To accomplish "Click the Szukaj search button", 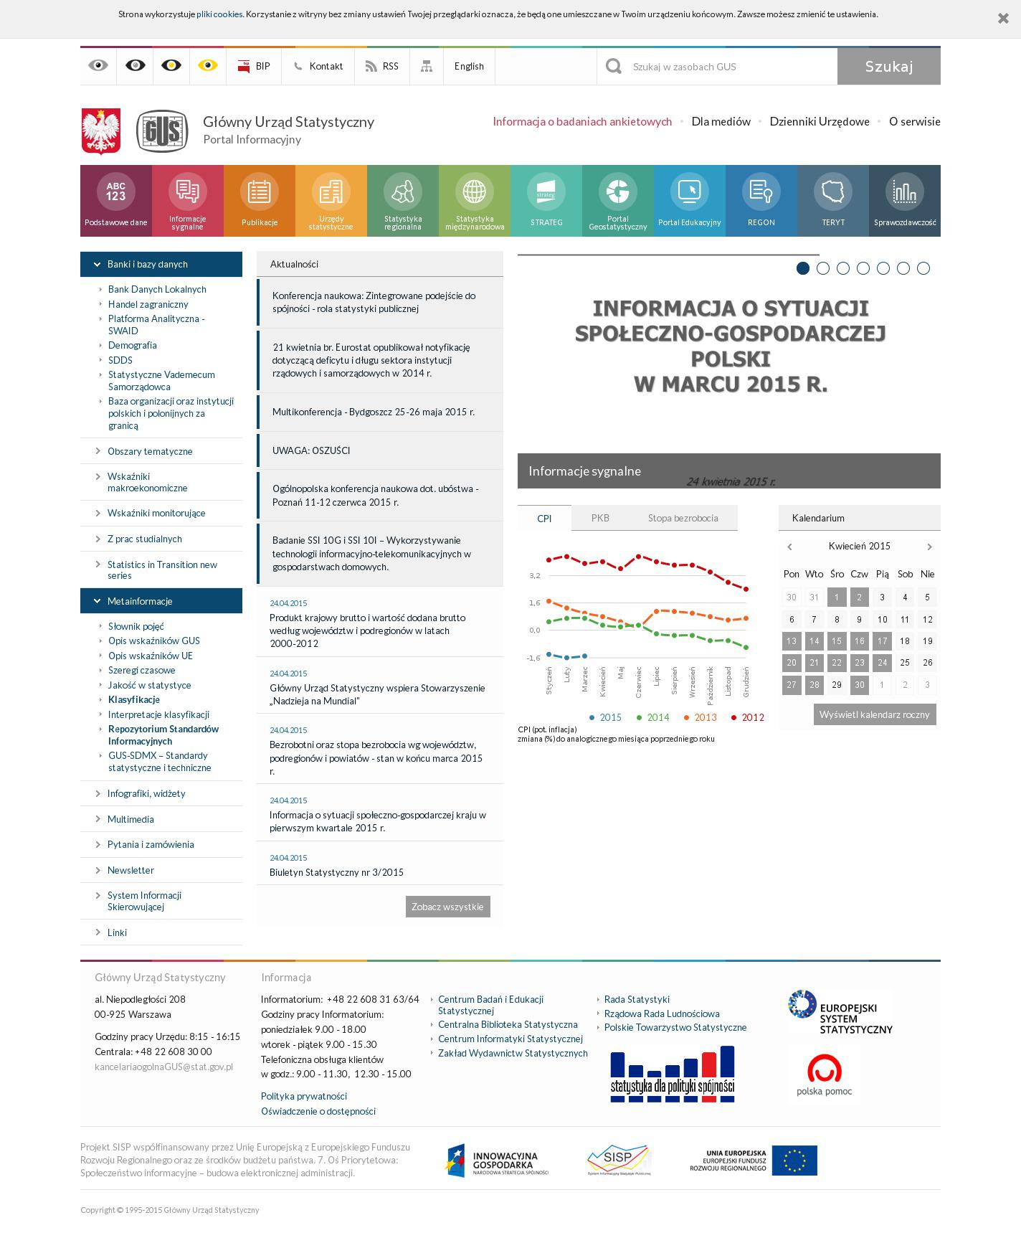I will point(888,67).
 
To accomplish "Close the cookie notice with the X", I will point(1003,19).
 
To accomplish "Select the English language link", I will point(469,67).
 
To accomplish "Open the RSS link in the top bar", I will point(382,67).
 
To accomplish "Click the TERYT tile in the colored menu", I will point(833,201).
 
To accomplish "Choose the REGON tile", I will point(761,201).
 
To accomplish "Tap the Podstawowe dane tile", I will point(116,201).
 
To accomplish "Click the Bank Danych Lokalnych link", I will point(157,290).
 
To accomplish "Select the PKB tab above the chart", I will point(600,518).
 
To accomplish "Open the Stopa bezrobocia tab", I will point(683,518).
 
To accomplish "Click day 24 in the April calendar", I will point(882,663).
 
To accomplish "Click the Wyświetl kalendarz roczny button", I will point(874,714).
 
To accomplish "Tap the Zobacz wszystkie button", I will point(447,907).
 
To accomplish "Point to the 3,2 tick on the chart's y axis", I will point(535,576).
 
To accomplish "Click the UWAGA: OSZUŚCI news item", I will point(311,450).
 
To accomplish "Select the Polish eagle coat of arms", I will point(101,131).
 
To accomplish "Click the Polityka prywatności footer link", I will point(304,1096).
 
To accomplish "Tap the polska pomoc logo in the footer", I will point(825,1074).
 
